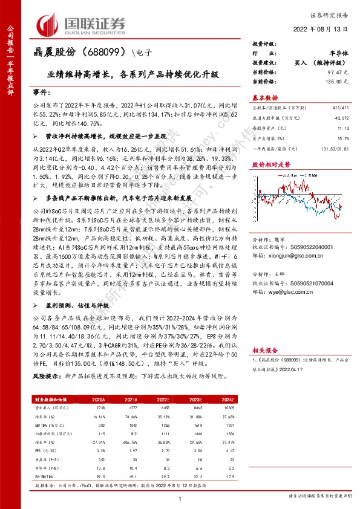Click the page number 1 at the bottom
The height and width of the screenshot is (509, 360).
coord(180,498)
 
